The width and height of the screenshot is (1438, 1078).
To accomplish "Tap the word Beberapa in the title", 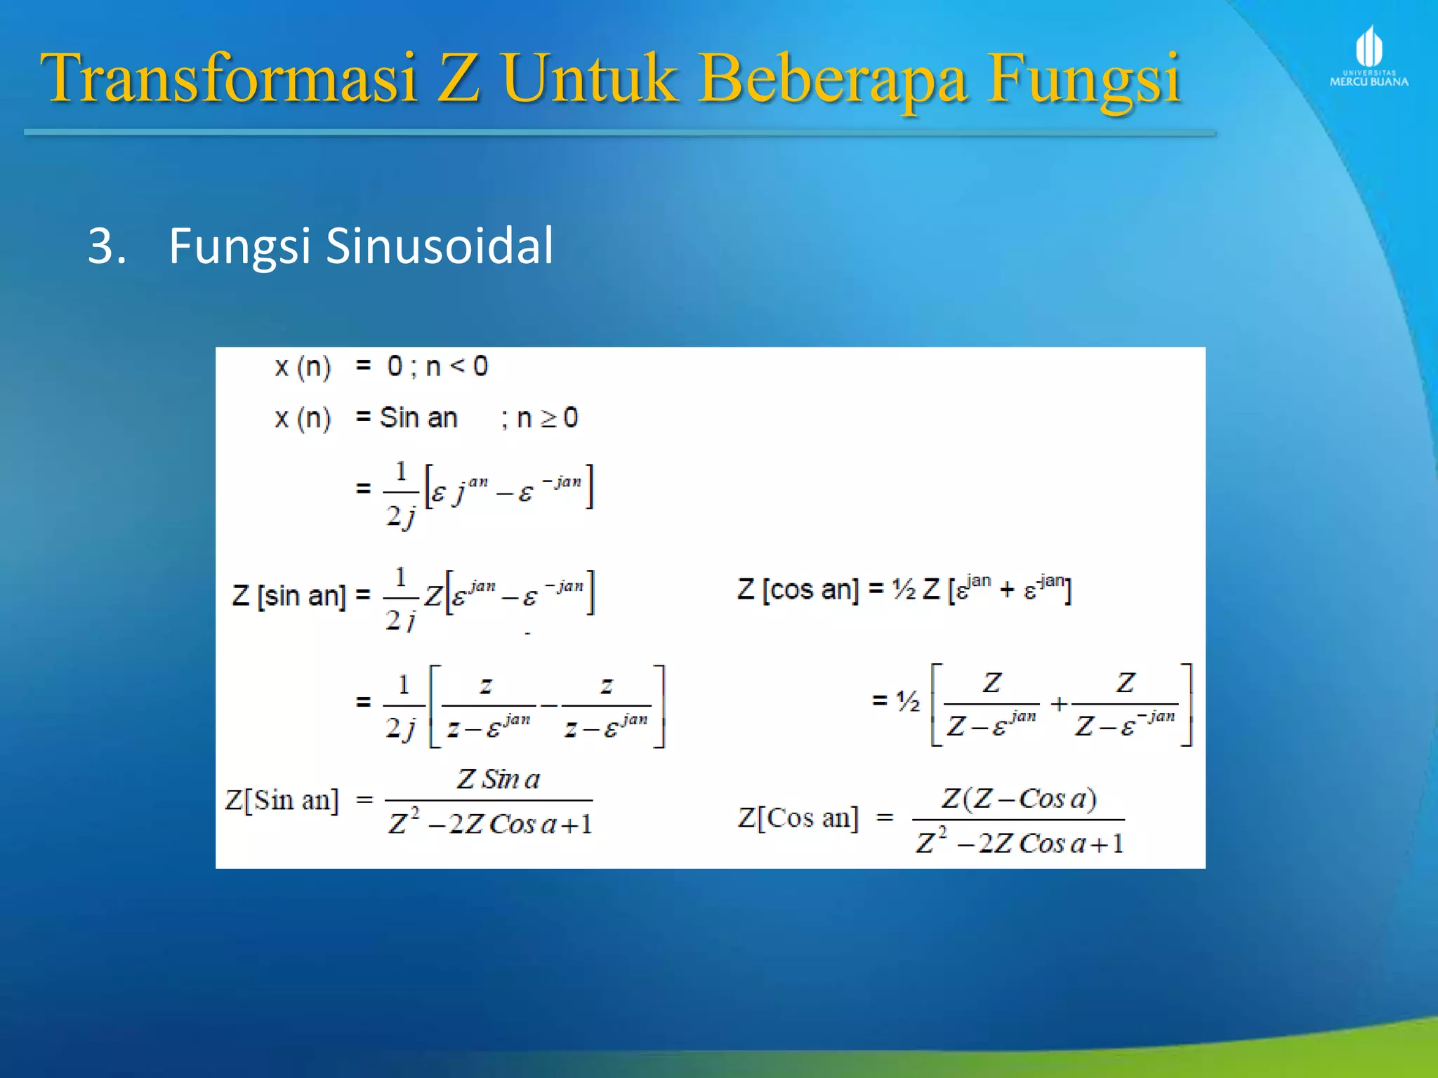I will [833, 79].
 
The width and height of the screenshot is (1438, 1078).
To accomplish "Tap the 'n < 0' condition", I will [456, 366].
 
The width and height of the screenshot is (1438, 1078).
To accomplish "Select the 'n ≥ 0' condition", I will [547, 418].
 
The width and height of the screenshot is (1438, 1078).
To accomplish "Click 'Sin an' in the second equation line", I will [418, 418].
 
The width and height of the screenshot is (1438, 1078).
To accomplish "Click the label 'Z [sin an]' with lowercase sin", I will [289, 596].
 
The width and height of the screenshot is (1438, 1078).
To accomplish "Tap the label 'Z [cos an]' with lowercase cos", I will [798, 590].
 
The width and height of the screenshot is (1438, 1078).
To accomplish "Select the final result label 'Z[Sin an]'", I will [282, 800].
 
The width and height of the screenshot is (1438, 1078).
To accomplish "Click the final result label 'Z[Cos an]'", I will [798, 818].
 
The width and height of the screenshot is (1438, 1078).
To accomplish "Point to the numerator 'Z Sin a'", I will [498, 779].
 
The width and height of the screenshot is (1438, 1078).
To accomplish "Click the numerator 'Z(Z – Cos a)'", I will [1019, 799].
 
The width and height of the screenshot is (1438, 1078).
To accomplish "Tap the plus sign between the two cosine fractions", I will [1059, 703].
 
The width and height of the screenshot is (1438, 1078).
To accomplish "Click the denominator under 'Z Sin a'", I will [490, 823].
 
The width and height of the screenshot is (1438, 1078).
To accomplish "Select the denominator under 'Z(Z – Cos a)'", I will [1020, 842].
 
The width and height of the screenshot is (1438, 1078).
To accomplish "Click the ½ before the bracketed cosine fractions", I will [907, 700].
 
